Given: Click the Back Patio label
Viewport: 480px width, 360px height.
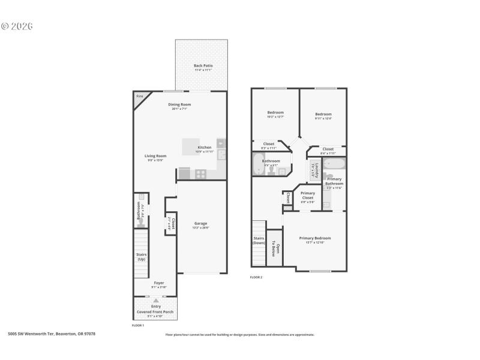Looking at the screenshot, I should [x=203, y=66].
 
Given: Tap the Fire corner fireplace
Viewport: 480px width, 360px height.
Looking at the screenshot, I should [x=140, y=97].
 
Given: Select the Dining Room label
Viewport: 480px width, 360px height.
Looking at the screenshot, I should [x=180, y=105].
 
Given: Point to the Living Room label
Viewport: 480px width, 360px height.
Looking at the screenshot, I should [x=155, y=156].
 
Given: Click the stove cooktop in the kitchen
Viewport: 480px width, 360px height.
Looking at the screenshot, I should [x=200, y=173].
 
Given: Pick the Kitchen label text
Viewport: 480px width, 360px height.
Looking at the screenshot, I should [x=205, y=147].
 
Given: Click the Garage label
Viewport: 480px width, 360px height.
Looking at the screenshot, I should [x=200, y=223].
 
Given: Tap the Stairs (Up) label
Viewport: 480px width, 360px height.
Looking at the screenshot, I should [x=142, y=257].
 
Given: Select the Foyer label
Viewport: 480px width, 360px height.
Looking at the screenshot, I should [x=158, y=283].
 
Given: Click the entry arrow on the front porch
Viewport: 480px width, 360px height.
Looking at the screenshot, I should [x=156, y=299].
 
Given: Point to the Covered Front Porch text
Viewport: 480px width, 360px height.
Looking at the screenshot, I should [x=156, y=311].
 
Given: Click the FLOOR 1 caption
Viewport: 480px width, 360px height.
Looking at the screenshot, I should [x=138, y=325].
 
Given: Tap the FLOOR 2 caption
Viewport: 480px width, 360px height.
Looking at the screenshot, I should [x=256, y=277].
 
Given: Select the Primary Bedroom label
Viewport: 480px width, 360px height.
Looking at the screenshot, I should [x=315, y=238].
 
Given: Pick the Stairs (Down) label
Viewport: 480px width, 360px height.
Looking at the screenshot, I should [x=259, y=241].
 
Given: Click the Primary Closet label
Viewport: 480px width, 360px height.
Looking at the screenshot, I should [x=307, y=195].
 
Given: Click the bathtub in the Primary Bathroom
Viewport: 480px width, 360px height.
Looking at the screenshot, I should [x=334, y=164].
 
